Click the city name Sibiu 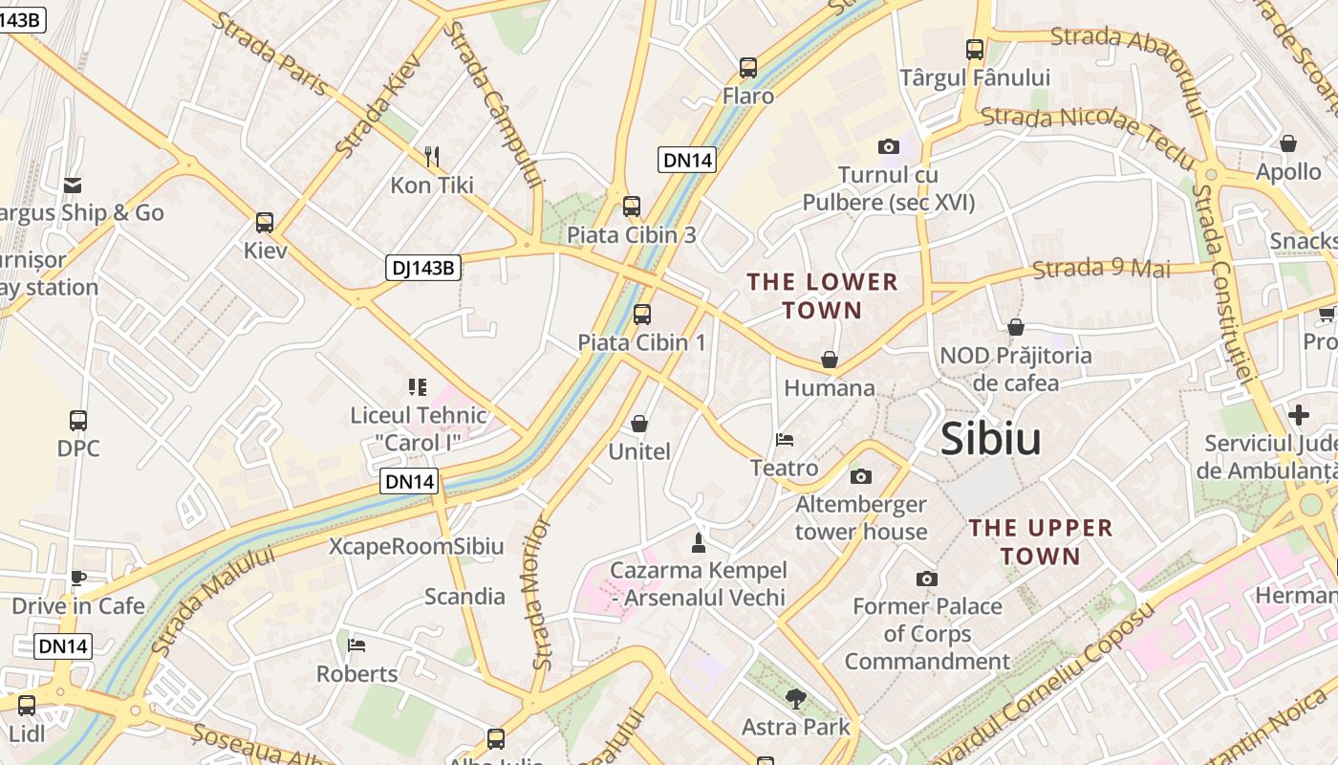click(x=990, y=438)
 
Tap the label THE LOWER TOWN click(x=823, y=295)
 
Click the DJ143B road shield click(x=424, y=268)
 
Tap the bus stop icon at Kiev click(x=265, y=223)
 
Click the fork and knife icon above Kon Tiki click(x=431, y=156)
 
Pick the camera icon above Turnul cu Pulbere click(x=888, y=146)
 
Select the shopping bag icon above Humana click(x=829, y=360)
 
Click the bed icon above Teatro click(x=785, y=440)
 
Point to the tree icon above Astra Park click(x=795, y=699)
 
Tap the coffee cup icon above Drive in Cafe click(x=78, y=578)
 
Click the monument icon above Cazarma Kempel click(x=699, y=542)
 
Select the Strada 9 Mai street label click(x=1102, y=269)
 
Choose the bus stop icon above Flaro click(x=748, y=68)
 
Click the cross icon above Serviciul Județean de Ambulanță click(x=1298, y=415)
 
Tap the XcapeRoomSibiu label click(x=416, y=547)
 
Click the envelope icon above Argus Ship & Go click(x=73, y=185)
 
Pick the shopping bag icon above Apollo click(x=1288, y=143)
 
